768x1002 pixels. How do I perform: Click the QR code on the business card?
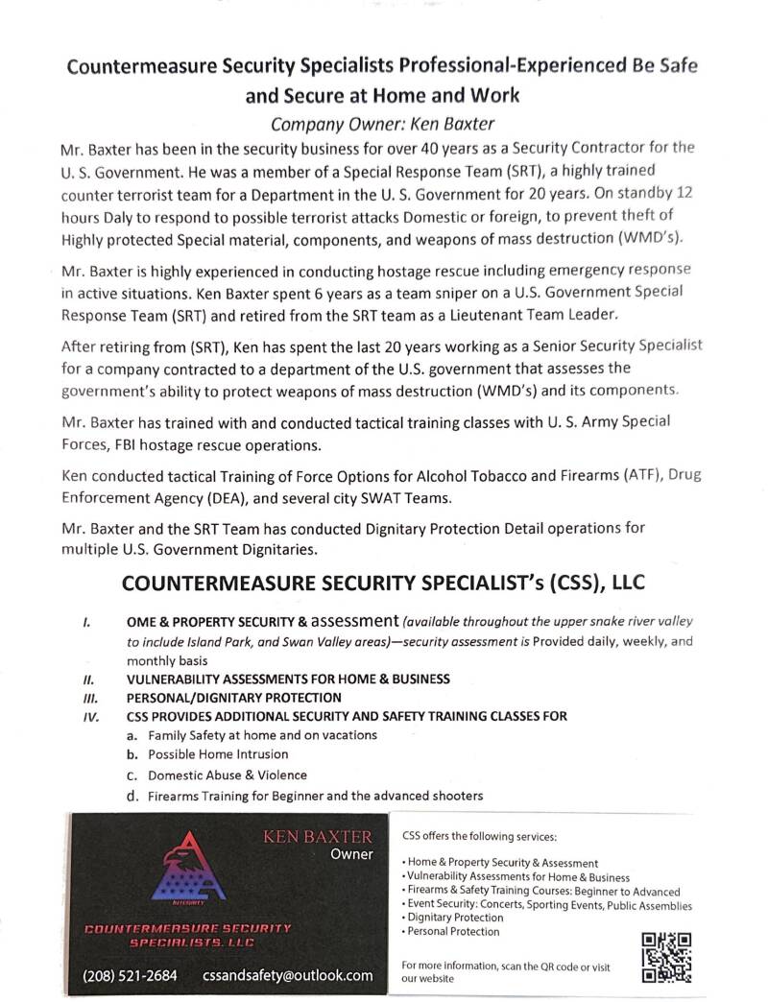point(666,957)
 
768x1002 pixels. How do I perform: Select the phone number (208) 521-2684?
point(131,975)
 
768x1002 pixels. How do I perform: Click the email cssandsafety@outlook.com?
point(287,975)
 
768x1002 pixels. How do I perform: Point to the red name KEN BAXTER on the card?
point(318,837)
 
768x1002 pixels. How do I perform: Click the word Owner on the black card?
point(351,854)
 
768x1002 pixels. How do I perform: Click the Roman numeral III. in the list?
point(91,698)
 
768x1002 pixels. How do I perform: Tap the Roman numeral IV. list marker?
point(91,716)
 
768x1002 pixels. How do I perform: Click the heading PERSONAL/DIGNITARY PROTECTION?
point(233,698)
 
